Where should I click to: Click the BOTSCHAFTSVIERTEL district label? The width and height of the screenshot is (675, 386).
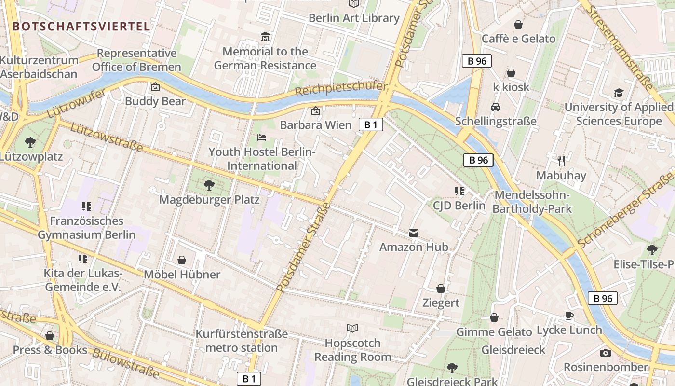coord(81,26)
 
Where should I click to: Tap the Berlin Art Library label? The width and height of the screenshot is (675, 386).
coord(354,18)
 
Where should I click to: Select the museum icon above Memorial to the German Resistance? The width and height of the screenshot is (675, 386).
coord(265,37)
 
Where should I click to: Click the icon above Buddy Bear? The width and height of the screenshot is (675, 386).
coord(155,87)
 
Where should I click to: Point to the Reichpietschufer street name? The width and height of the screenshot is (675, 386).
coord(341,89)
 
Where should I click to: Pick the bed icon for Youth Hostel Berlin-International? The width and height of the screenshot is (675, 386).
coord(262,138)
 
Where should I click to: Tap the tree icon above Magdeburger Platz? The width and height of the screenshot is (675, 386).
coord(209,185)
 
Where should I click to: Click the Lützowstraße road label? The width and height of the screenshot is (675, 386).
coord(107,137)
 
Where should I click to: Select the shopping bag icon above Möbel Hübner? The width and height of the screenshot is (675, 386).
coord(182,261)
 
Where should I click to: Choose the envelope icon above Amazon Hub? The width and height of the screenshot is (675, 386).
coord(414,233)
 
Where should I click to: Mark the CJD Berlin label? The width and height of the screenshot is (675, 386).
coord(459,206)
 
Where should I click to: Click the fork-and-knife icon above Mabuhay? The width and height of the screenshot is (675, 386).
coord(561,161)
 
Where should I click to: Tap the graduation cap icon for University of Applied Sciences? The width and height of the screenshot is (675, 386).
coord(619,93)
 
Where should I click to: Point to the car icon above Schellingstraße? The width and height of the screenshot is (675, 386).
coord(495,107)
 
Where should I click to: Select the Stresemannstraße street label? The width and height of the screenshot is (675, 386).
coord(621,48)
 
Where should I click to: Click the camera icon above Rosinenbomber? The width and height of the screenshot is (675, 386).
coord(606,353)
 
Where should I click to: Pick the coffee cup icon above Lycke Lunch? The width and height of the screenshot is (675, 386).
coord(569,316)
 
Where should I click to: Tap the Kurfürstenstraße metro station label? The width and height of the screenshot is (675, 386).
coord(242,341)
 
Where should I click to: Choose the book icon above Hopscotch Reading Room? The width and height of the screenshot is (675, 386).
coord(352,329)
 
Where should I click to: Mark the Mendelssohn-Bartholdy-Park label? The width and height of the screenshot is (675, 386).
coord(531,202)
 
